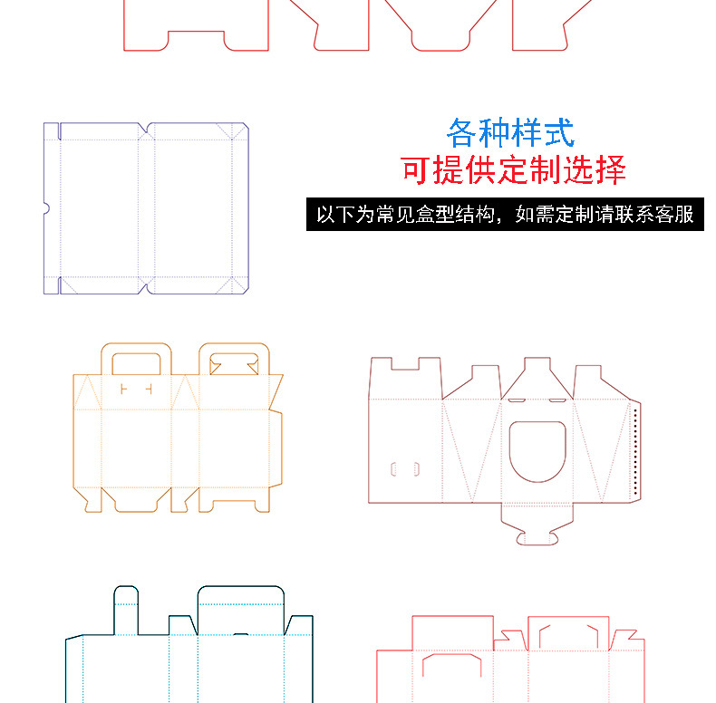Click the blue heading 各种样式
[x=510, y=133]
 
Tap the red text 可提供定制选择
[x=513, y=170]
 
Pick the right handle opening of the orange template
[x=234, y=364]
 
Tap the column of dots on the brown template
[x=636, y=451]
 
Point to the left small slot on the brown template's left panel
[x=394, y=469]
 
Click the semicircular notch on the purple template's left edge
[x=46, y=209]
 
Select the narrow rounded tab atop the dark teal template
[x=126, y=607]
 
